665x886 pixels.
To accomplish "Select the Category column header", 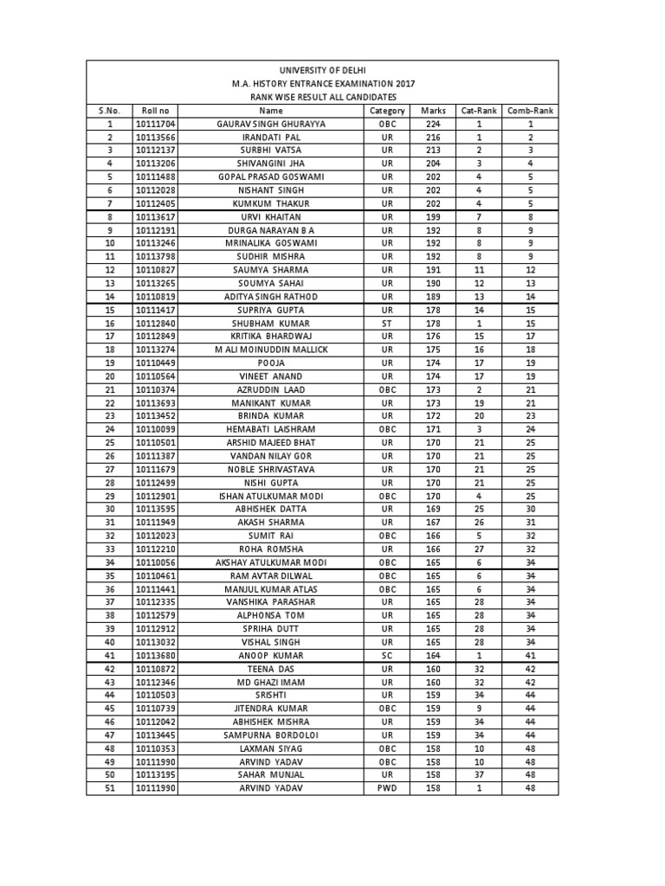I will [x=387, y=111].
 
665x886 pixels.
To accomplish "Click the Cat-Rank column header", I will [x=479, y=111].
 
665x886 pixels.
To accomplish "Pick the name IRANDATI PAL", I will [x=271, y=138].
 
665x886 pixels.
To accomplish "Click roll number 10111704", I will [x=155, y=125].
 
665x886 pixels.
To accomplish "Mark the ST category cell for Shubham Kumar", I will [x=387, y=324].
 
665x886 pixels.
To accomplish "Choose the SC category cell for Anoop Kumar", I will [x=387, y=656].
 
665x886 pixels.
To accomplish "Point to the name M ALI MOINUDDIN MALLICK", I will [x=271, y=350].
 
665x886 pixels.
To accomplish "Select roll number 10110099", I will [x=155, y=430].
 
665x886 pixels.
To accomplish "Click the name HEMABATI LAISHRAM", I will [x=271, y=430].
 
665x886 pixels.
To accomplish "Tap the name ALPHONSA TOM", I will [x=271, y=616].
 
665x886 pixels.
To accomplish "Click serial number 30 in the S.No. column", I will [x=110, y=510].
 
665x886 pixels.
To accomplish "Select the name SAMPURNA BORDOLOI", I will [x=271, y=735].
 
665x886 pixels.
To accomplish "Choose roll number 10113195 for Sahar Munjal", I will [x=155, y=775].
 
